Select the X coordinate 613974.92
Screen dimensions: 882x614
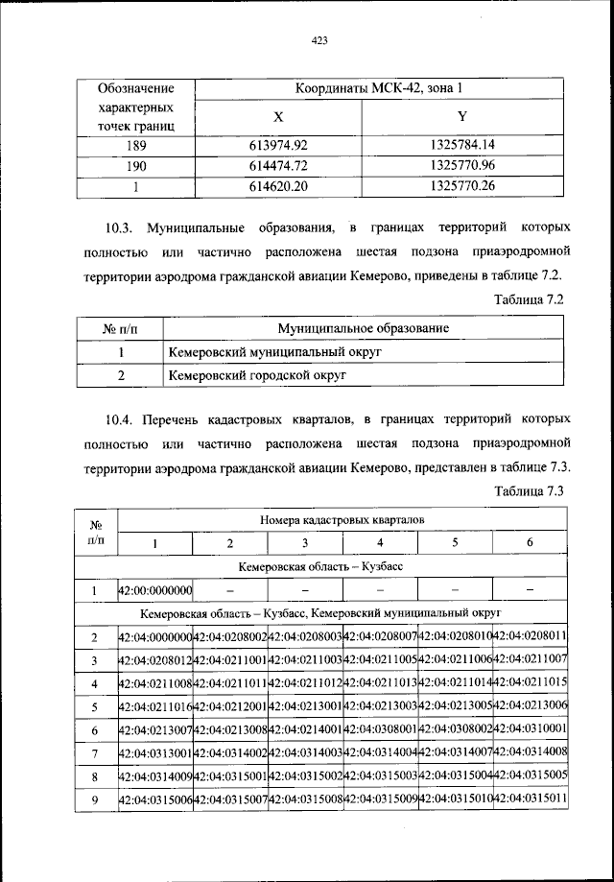point(277,146)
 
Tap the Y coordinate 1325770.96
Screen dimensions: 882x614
point(462,166)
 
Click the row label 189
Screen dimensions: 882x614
point(135,146)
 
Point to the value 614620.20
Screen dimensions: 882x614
point(277,186)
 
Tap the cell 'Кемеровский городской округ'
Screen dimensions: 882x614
point(245,375)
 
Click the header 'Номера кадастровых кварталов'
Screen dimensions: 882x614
point(342,520)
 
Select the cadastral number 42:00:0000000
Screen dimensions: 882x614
point(154,590)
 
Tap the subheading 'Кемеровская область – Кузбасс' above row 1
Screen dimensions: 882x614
point(321,567)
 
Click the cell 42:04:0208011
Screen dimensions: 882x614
point(531,636)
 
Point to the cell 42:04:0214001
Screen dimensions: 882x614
point(305,729)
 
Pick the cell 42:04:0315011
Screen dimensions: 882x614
point(531,799)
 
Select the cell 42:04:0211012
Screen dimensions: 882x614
point(305,683)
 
